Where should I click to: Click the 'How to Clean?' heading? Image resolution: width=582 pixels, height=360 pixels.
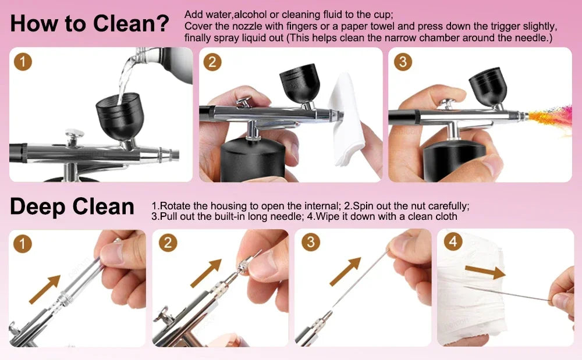click(x=90, y=24)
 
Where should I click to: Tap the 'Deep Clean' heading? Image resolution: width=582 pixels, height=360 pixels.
click(x=72, y=206)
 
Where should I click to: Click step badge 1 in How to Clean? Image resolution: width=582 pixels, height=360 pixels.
click(x=23, y=62)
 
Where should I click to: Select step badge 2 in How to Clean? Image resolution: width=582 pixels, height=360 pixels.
click(x=212, y=62)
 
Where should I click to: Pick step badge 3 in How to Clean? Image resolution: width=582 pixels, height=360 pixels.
click(x=403, y=62)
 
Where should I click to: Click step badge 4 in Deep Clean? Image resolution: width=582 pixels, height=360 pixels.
click(x=452, y=242)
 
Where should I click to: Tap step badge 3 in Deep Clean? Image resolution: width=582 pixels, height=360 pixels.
click(x=310, y=242)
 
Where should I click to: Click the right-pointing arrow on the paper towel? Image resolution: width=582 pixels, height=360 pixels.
click(x=485, y=271)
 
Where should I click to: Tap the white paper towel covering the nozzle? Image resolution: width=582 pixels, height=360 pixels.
click(x=349, y=125)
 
